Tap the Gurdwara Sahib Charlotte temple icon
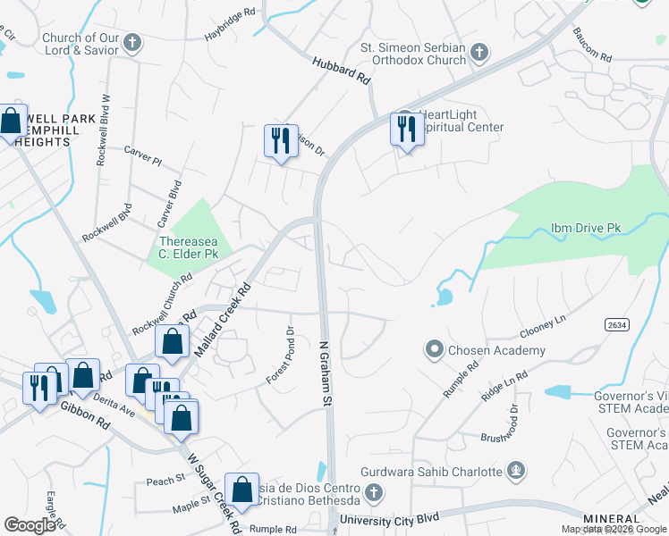click(x=514, y=471)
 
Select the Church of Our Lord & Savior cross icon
click(x=132, y=43)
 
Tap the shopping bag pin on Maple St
click(x=241, y=490)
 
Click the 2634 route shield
click(x=615, y=323)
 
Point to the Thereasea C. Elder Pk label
click(x=188, y=247)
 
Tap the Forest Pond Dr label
click(x=279, y=356)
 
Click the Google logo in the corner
click(x=30, y=525)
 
